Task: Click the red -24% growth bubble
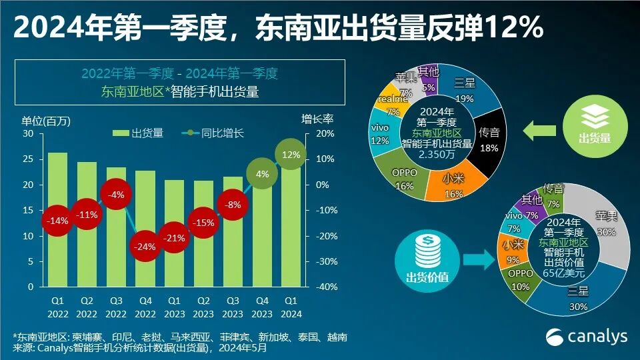(145, 246)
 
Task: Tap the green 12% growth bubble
(291, 155)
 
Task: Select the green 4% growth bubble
(262, 174)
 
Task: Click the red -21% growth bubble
(174, 238)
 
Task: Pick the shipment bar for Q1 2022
(57, 220)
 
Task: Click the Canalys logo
(587, 337)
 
